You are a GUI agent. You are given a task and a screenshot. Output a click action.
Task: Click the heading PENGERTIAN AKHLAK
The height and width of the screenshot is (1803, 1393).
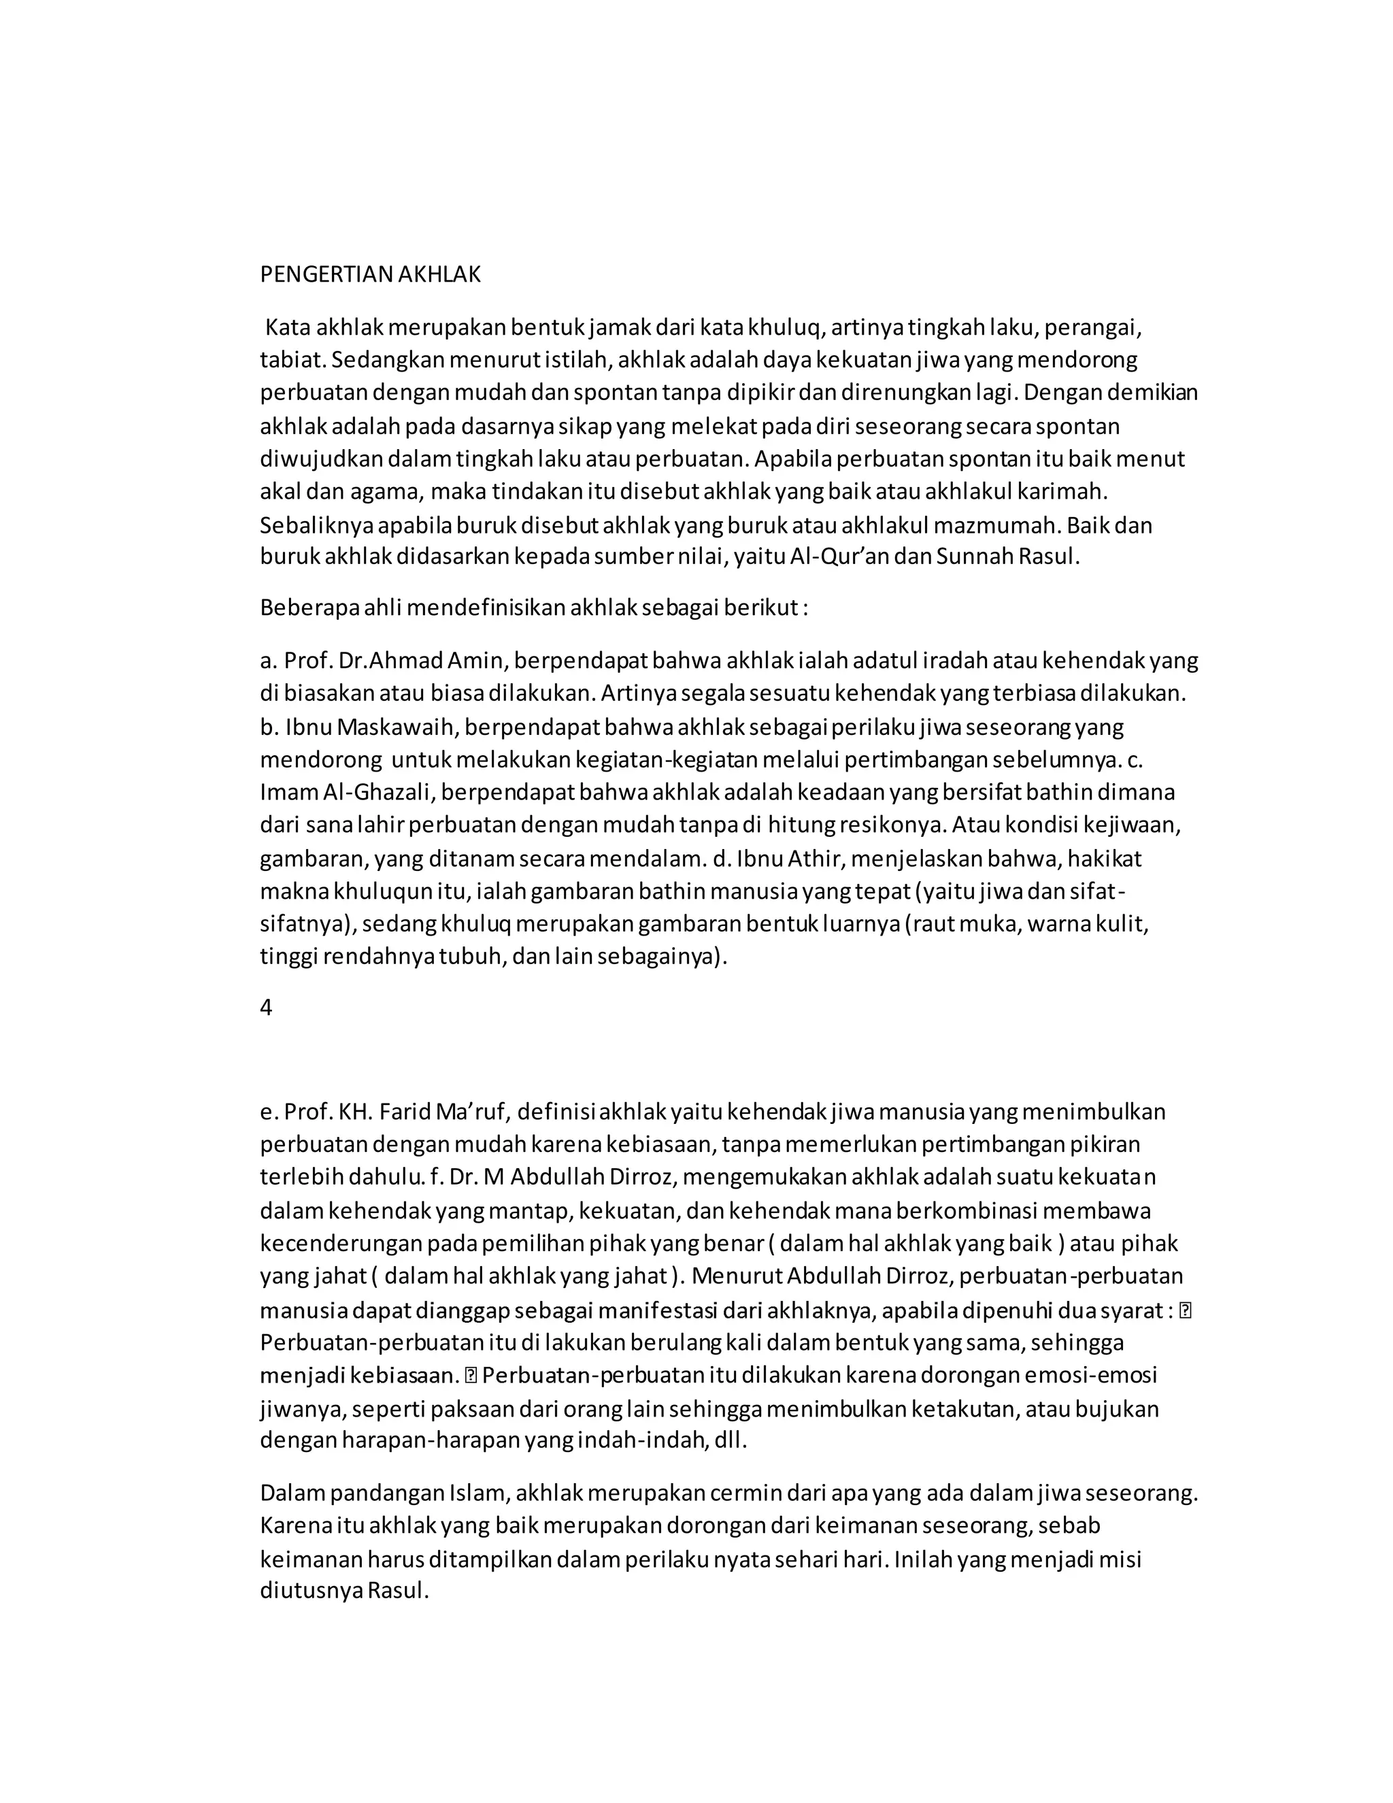pyautogui.click(x=370, y=275)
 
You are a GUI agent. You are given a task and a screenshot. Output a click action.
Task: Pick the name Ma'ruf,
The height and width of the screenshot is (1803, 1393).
pyautogui.click(x=473, y=1112)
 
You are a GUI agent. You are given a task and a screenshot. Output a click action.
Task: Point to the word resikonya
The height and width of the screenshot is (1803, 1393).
pyautogui.click(x=905, y=825)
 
